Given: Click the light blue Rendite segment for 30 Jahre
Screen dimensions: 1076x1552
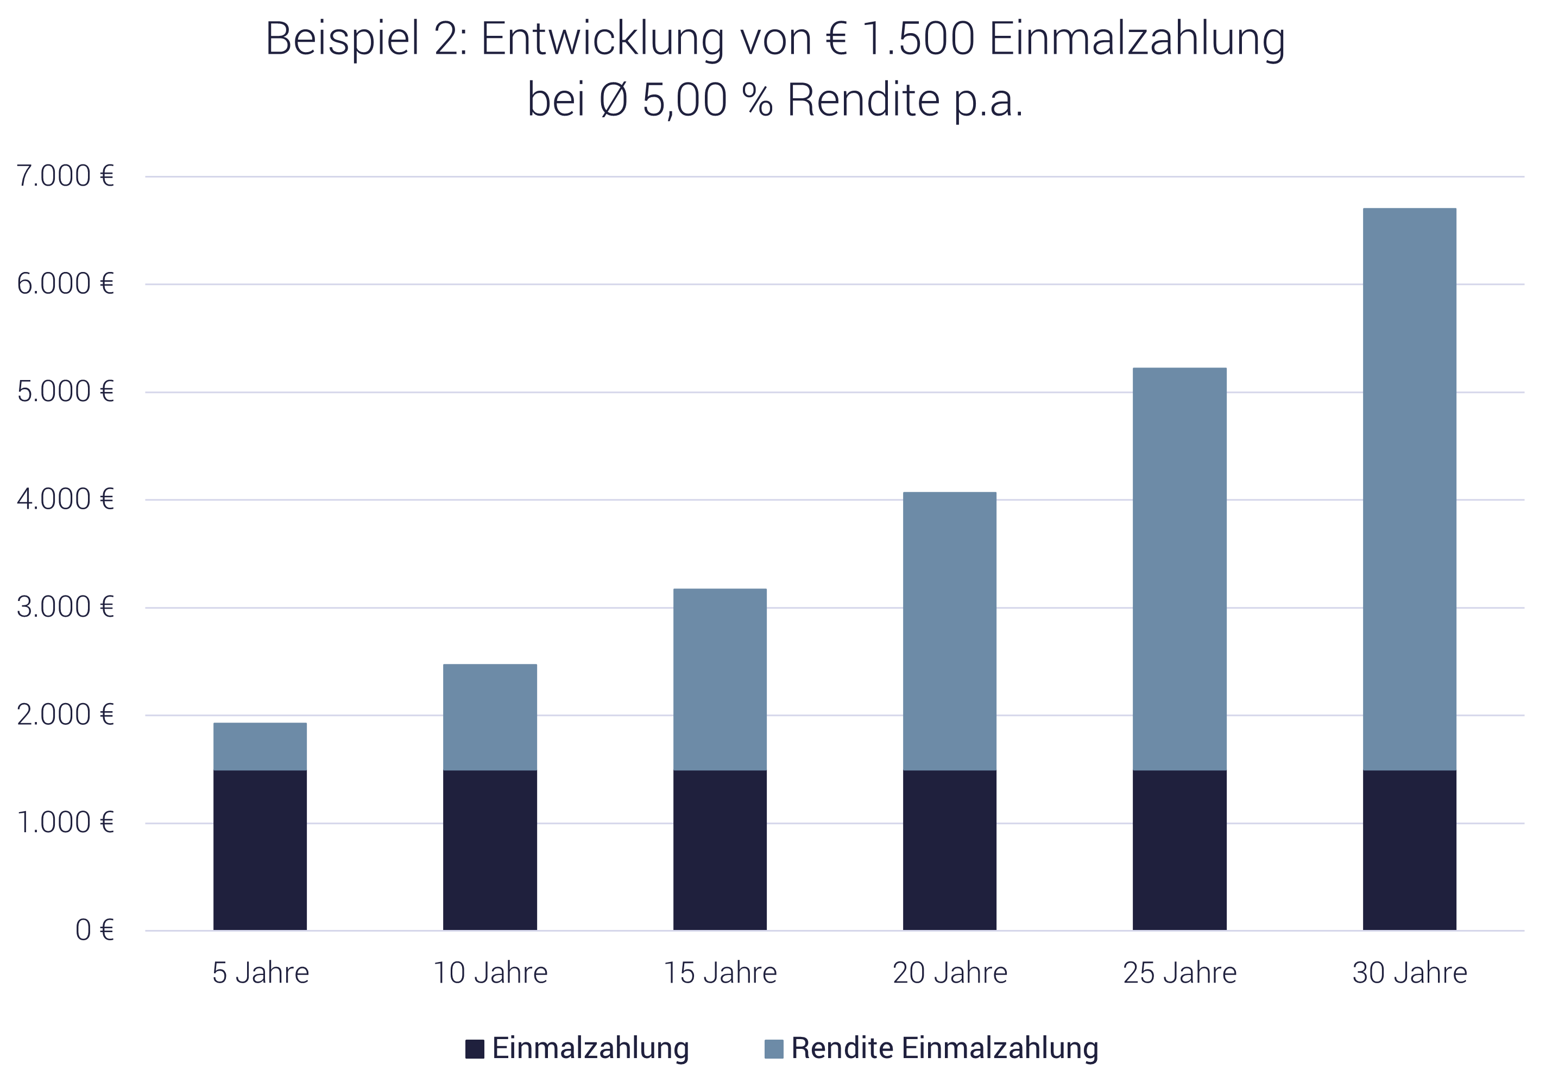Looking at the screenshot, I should pyautogui.click(x=1409, y=489).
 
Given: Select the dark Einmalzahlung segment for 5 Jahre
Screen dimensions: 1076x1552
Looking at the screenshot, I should pyautogui.click(x=260, y=850).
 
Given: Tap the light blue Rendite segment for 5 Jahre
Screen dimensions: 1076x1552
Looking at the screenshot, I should pyautogui.click(x=260, y=746).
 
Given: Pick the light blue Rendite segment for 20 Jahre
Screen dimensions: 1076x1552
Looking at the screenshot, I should pyautogui.click(x=949, y=631).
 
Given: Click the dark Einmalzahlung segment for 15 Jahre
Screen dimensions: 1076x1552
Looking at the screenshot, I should pyautogui.click(x=720, y=850).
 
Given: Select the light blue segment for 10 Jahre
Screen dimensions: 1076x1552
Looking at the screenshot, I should pyautogui.click(x=490, y=717).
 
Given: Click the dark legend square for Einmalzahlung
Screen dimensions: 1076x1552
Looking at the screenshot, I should pyautogui.click(x=475, y=1049).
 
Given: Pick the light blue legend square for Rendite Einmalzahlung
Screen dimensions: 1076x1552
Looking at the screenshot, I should pyautogui.click(x=774, y=1049).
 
